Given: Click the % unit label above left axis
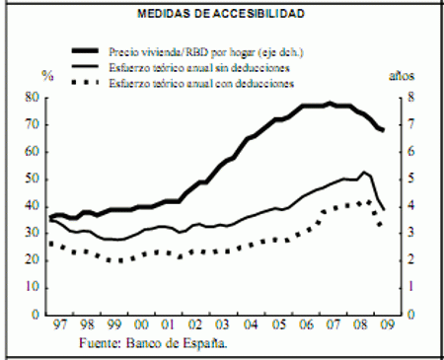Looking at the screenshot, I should pos(43,76).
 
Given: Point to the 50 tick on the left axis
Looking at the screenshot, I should pos(32,180).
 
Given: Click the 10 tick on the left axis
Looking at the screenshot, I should pos(32,288).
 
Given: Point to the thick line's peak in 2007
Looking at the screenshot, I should pos(330,103).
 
